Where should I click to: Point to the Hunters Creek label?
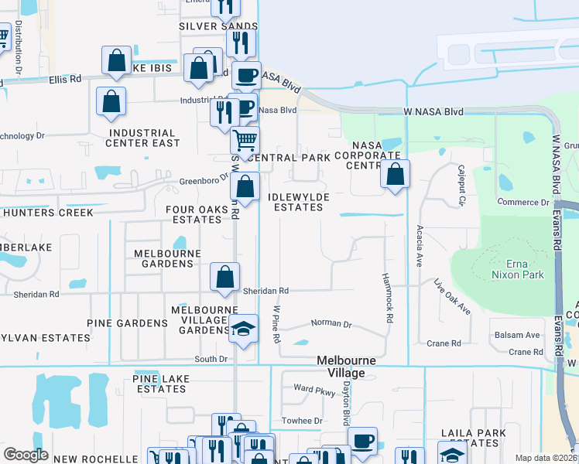(42, 212)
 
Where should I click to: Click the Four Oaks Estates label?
(197, 214)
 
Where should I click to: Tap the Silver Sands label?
(207, 26)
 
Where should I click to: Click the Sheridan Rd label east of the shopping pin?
(266, 291)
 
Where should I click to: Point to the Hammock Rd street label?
(388, 299)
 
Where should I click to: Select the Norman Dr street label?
(331, 324)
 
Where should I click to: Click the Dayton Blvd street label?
(348, 403)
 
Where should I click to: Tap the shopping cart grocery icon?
(245, 141)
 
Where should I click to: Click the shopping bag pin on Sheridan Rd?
(224, 276)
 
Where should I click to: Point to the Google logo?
(26, 455)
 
